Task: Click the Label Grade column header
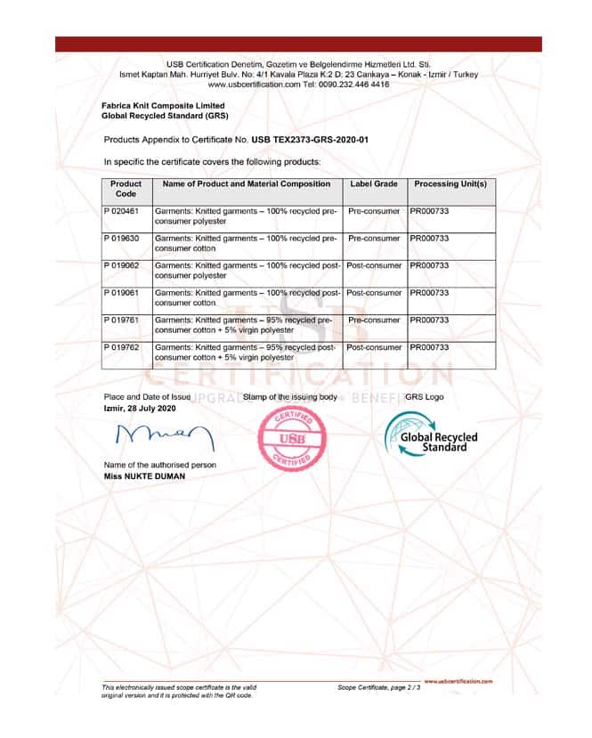(x=374, y=183)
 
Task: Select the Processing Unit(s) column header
(x=450, y=183)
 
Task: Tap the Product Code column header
(x=126, y=188)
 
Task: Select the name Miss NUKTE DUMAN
(x=145, y=476)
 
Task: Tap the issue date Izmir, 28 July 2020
(x=140, y=408)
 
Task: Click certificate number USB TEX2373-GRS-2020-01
(x=310, y=140)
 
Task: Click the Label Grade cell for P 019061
(x=374, y=293)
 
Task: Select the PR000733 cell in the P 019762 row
(x=429, y=347)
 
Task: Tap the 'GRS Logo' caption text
(x=424, y=397)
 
